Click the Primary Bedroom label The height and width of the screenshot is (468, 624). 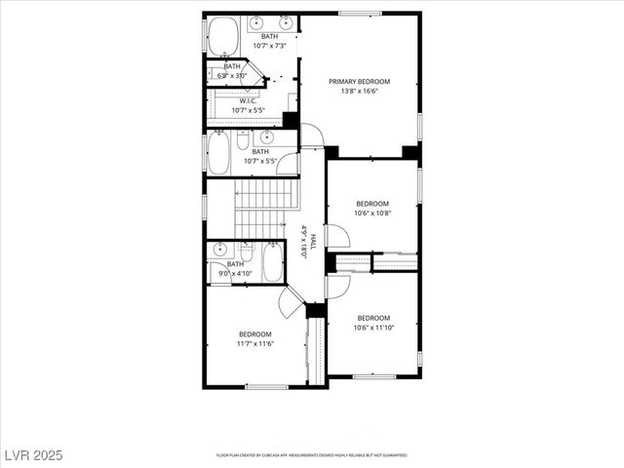(x=359, y=82)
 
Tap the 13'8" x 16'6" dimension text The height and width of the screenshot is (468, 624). (x=359, y=92)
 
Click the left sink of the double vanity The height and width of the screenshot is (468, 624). (x=255, y=21)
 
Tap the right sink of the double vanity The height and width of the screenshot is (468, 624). (x=286, y=21)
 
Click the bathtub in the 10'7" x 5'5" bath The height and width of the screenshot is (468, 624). (x=218, y=153)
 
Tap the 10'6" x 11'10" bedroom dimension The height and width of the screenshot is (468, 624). (x=373, y=328)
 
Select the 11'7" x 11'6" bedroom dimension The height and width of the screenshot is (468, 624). (x=255, y=343)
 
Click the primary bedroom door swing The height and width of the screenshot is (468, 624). (x=312, y=136)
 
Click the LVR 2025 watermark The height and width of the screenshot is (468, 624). (x=33, y=455)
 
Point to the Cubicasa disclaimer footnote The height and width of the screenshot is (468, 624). (x=312, y=455)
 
